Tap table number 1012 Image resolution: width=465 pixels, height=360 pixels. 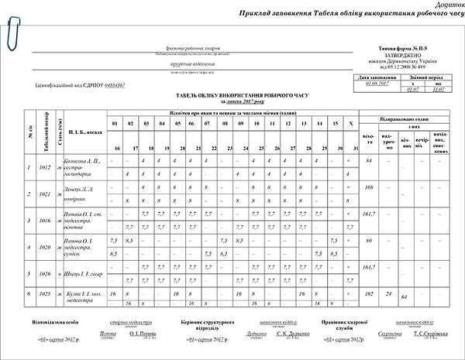pos(46,166)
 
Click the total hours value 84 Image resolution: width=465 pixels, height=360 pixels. pos(370,159)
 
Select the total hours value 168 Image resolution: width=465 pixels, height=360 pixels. pos(370,187)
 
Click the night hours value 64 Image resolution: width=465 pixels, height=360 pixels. pos(405,298)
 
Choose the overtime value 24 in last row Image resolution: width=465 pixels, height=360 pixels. pos(387,295)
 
